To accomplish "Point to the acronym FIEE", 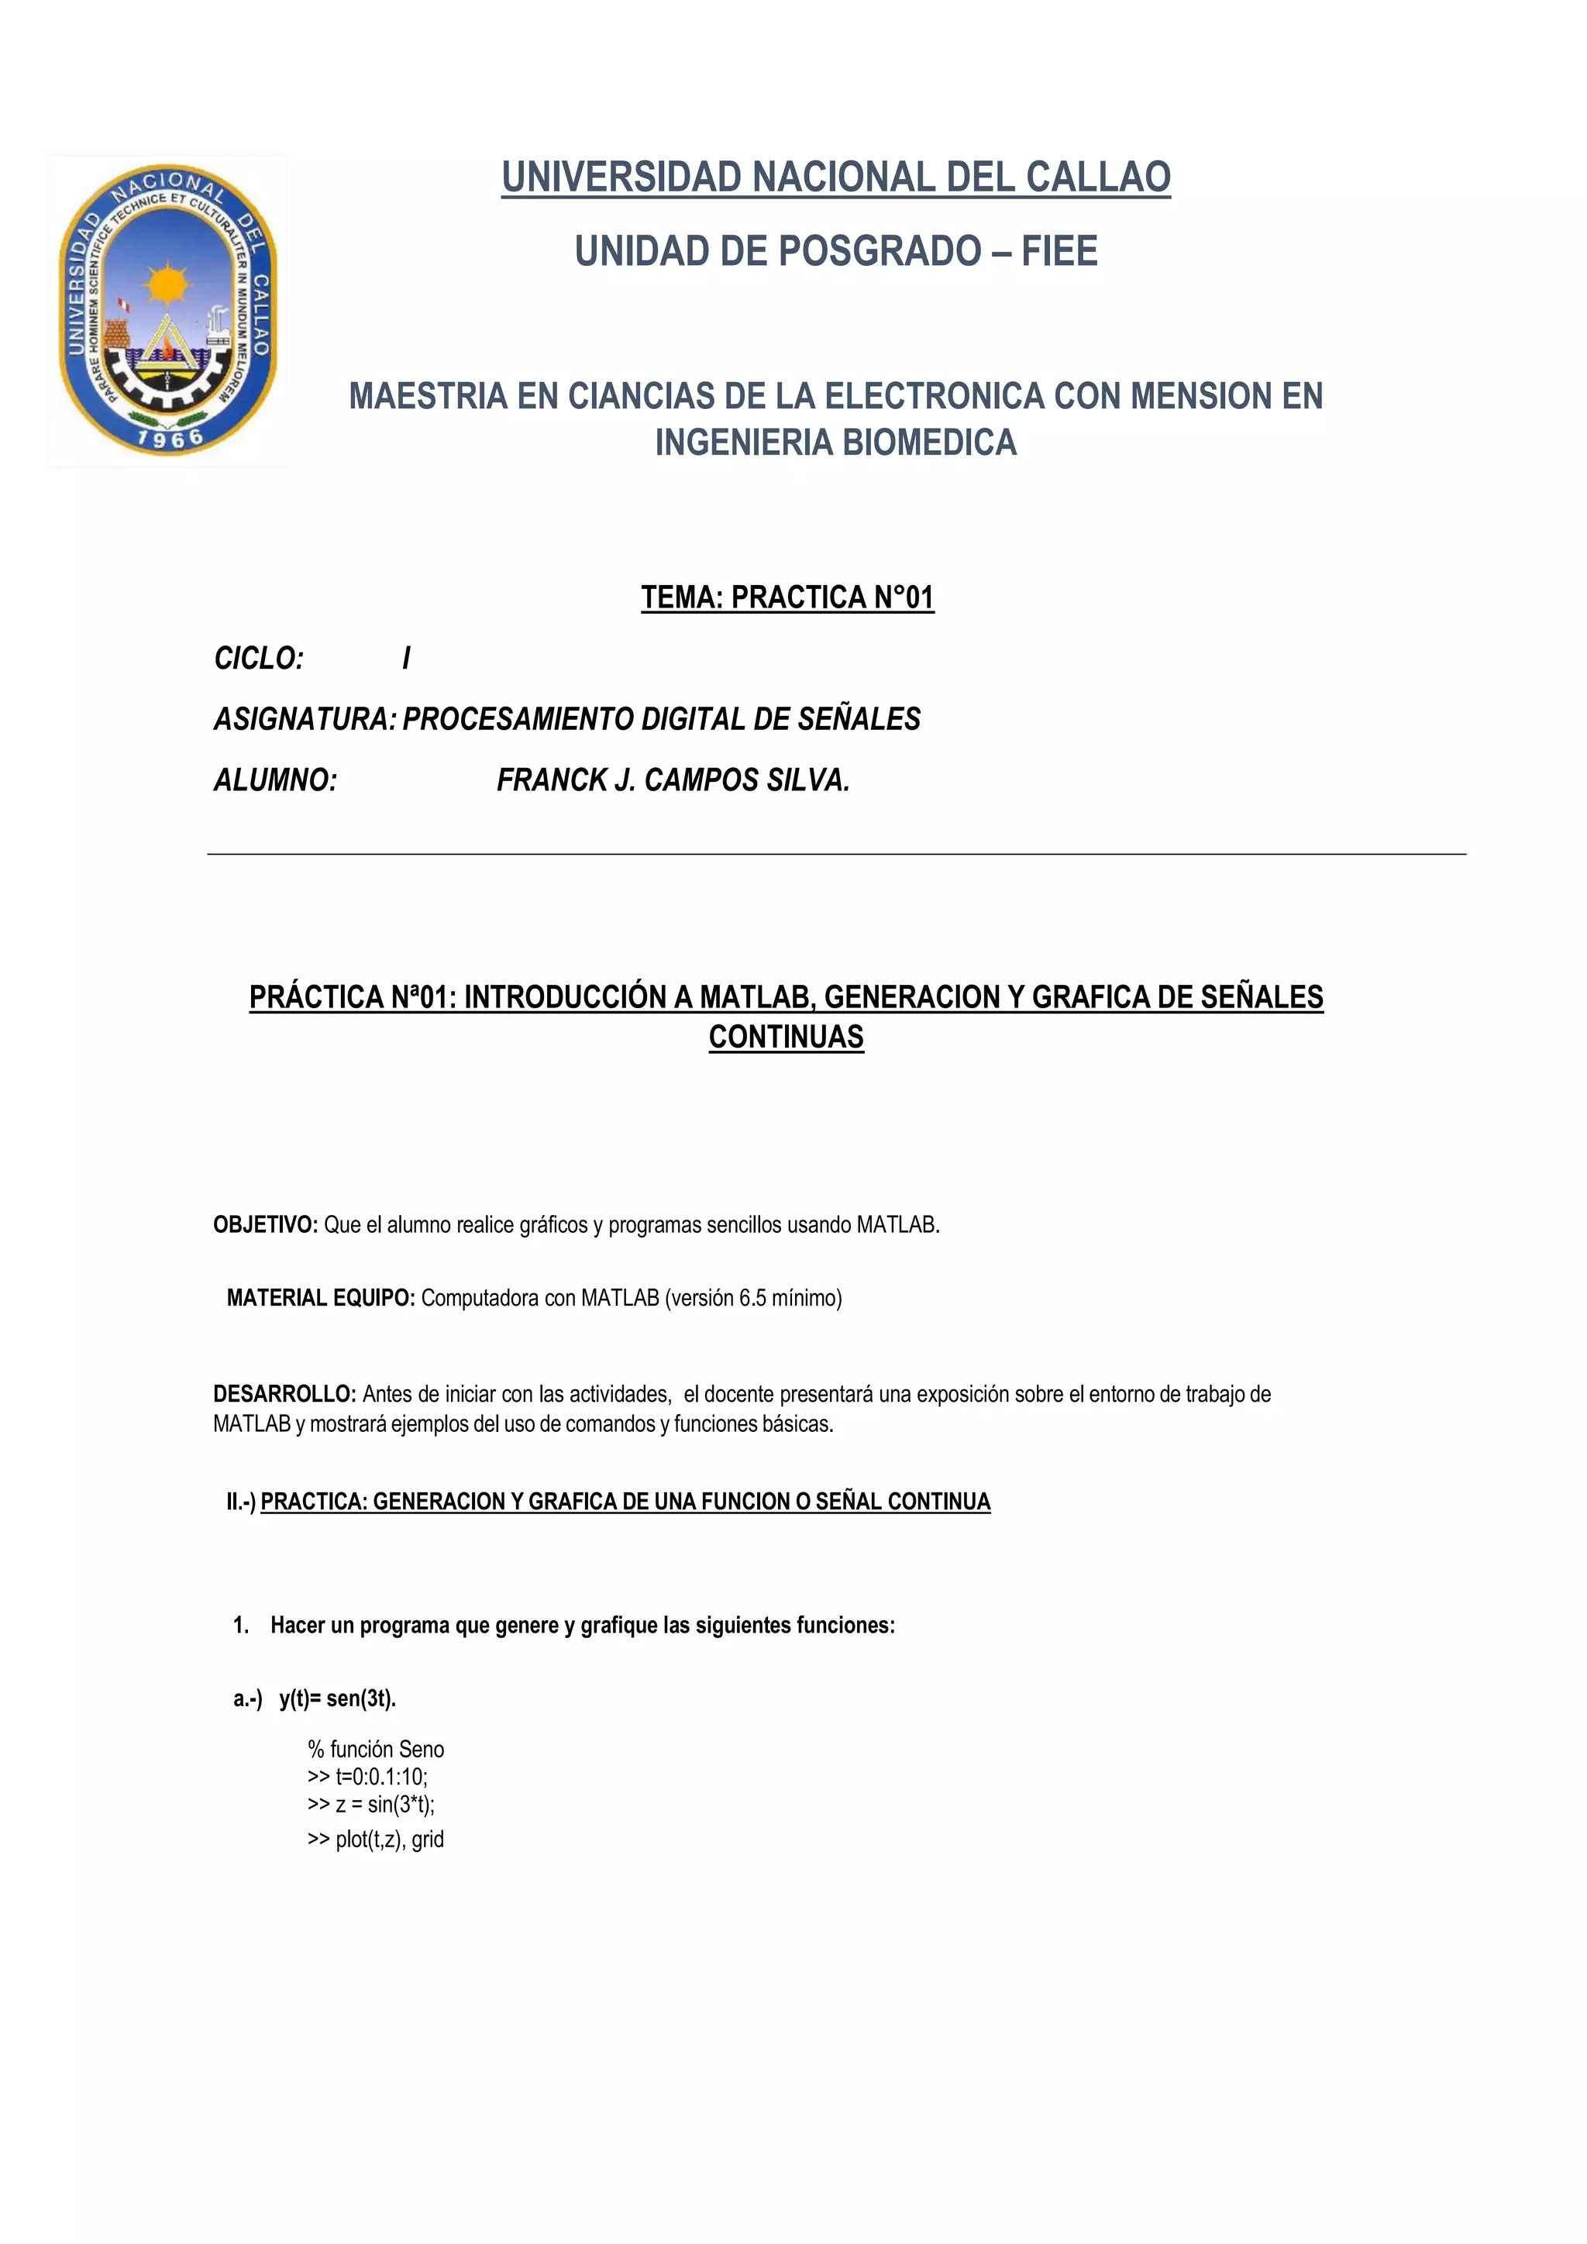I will [1059, 251].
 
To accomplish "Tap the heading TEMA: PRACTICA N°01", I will [787, 597].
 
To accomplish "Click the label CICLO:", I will [259, 659].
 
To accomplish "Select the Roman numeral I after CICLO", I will [407, 659].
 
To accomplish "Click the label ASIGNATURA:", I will [305, 719].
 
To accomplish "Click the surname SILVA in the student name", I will [808, 780].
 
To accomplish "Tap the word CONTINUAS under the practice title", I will [786, 1037].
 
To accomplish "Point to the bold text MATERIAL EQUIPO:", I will [321, 1298].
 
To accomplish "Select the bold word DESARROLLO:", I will [284, 1394].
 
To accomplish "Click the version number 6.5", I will [752, 1298].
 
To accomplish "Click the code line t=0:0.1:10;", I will [381, 1776].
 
